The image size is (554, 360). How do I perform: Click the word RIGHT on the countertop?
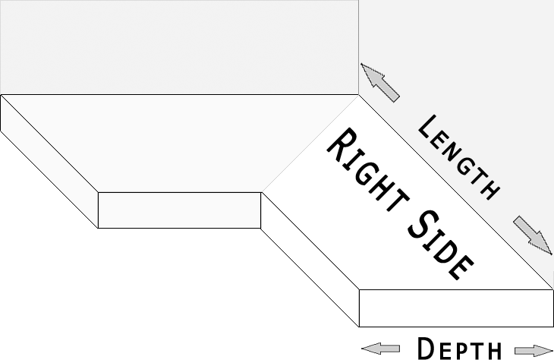[x=368, y=169]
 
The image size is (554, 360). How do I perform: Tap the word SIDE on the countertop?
[x=441, y=246]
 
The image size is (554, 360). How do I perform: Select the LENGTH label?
[x=458, y=157]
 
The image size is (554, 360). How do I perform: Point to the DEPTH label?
[x=459, y=349]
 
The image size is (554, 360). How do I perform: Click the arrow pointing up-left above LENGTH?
[x=380, y=83]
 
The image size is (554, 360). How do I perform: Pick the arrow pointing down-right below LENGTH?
[x=533, y=235]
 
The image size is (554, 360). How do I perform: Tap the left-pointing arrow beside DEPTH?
[x=380, y=349]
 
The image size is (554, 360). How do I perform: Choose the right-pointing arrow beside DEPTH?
[x=534, y=350]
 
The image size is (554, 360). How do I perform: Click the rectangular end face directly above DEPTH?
[x=456, y=308]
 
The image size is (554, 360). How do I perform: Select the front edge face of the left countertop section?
[x=180, y=210]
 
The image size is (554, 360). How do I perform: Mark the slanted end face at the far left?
[x=49, y=161]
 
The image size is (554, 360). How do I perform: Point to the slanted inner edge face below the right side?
[x=310, y=260]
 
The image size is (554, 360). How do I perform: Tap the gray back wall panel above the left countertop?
[x=180, y=47]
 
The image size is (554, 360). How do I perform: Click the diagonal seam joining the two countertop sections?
[x=310, y=144]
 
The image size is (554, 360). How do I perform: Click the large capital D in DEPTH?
[x=427, y=348]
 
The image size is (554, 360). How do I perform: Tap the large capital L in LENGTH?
[x=428, y=127]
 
